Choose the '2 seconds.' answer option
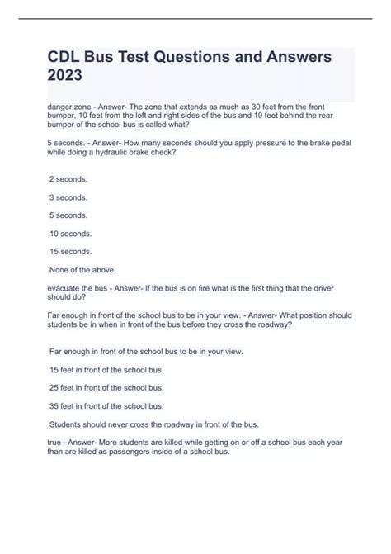(68, 179)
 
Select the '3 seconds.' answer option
(68, 198)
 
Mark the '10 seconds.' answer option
(71, 234)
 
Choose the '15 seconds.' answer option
(71, 251)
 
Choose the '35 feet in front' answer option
(106, 405)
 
